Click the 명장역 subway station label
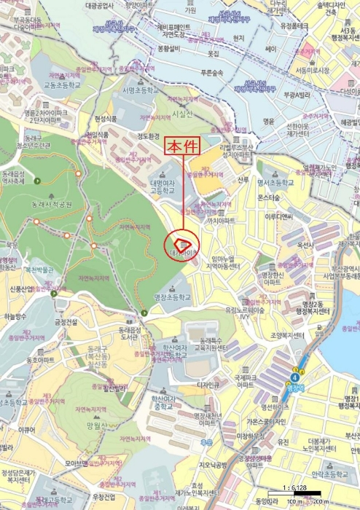295,388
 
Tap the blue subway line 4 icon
295,377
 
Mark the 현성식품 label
106,119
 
